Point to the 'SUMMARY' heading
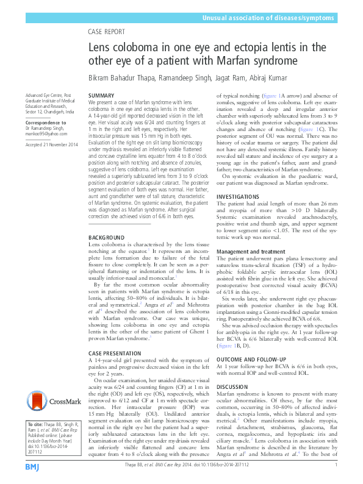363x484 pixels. (x=101, y=96)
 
